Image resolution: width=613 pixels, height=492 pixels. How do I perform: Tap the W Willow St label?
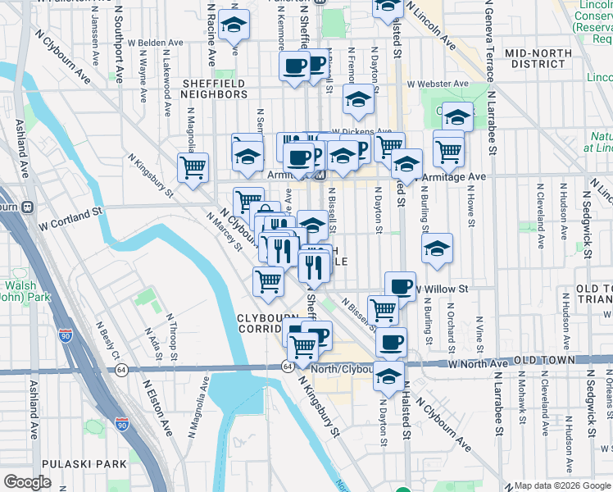point(443,289)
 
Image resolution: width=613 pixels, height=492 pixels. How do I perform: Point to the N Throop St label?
point(172,337)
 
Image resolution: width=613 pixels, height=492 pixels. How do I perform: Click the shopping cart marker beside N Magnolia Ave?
point(193,167)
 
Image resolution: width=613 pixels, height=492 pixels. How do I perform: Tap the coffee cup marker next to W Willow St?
point(400,287)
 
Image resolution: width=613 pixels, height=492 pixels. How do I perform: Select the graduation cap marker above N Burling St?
point(438,249)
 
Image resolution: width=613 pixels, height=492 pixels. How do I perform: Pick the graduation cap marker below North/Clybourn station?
point(388,378)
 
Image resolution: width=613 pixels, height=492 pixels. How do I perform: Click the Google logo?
point(27,482)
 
